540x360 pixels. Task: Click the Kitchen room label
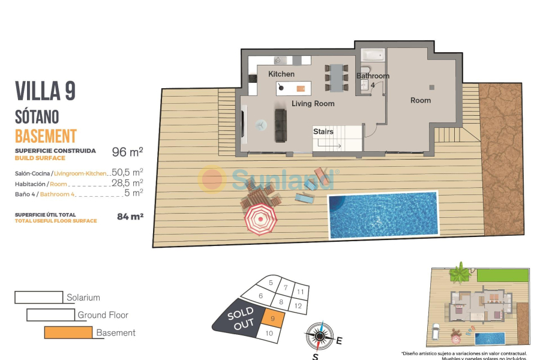pos(281,74)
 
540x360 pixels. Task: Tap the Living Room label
pos(313,104)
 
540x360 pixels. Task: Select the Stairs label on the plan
pos(323,131)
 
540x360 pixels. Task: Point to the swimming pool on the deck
pos(382,214)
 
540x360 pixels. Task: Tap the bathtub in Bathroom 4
pos(373,55)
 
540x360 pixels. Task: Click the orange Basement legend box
pos(68,332)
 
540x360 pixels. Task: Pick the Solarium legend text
pos(83,298)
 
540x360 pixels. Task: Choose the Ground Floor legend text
pos(103,315)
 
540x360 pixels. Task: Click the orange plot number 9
pos(273,319)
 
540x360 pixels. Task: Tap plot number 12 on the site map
pos(298,305)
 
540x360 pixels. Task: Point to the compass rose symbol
pos(319,336)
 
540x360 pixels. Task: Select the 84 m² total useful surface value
pos(130,216)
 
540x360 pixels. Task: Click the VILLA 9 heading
pos(45,91)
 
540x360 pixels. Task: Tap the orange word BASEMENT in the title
pos(46,136)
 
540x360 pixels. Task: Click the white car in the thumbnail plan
pos(436,331)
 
